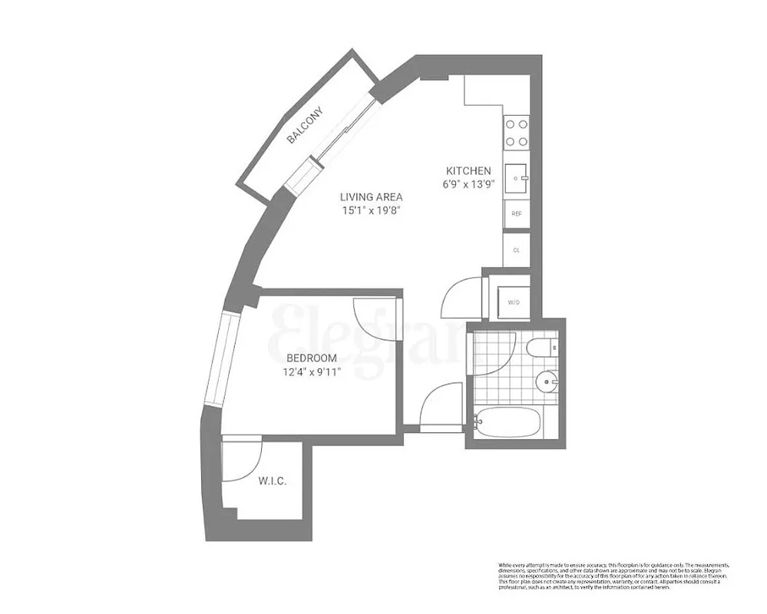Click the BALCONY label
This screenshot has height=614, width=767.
[305, 125]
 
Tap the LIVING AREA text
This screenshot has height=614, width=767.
[372, 196]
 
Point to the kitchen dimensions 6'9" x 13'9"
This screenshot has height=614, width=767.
[468, 184]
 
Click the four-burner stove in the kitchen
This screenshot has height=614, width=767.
[516, 131]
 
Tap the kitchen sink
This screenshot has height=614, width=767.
[516, 178]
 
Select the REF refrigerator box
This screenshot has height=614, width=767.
[516, 214]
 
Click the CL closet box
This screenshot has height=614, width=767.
[516, 249]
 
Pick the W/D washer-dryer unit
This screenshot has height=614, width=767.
[514, 302]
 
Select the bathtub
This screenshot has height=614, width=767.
[509, 422]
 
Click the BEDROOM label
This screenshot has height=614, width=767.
[312, 358]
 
